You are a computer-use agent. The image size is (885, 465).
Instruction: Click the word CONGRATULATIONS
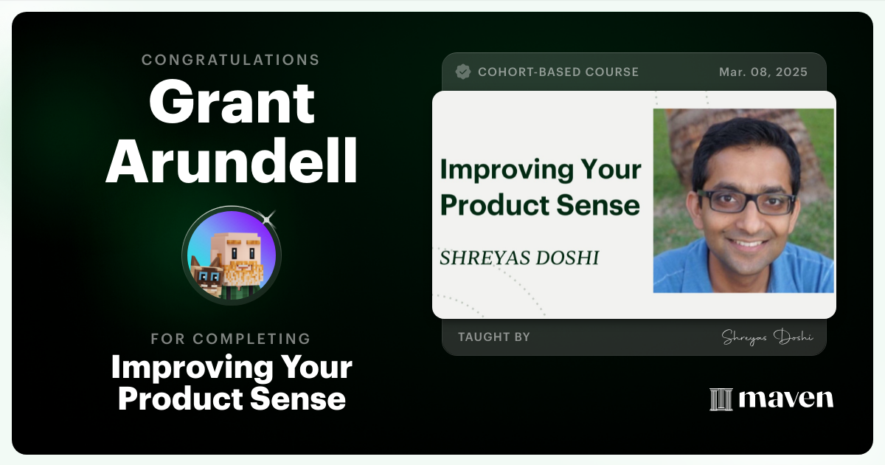(x=231, y=60)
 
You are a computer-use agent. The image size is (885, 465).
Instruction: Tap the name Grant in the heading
(x=232, y=103)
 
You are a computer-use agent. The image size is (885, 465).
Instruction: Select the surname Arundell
(x=231, y=162)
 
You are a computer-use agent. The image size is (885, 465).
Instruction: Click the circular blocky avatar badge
(x=232, y=255)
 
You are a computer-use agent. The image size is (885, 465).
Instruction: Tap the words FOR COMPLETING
(x=231, y=339)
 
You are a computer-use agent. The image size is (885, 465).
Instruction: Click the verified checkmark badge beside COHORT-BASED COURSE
(x=463, y=72)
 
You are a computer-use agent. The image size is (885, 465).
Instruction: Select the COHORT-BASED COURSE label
(x=558, y=72)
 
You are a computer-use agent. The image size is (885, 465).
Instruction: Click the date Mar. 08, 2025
(x=763, y=72)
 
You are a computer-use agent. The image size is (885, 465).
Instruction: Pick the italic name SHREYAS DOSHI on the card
(x=519, y=258)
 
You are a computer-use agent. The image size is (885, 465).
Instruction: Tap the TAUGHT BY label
(x=494, y=337)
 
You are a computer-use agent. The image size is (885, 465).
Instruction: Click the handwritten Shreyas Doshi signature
(x=767, y=337)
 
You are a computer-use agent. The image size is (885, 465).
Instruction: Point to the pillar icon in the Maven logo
(x=721, y=399)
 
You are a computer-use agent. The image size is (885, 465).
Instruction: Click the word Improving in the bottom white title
(x=182, y=367)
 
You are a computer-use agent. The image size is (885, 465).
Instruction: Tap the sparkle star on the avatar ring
(x=268, y=217)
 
